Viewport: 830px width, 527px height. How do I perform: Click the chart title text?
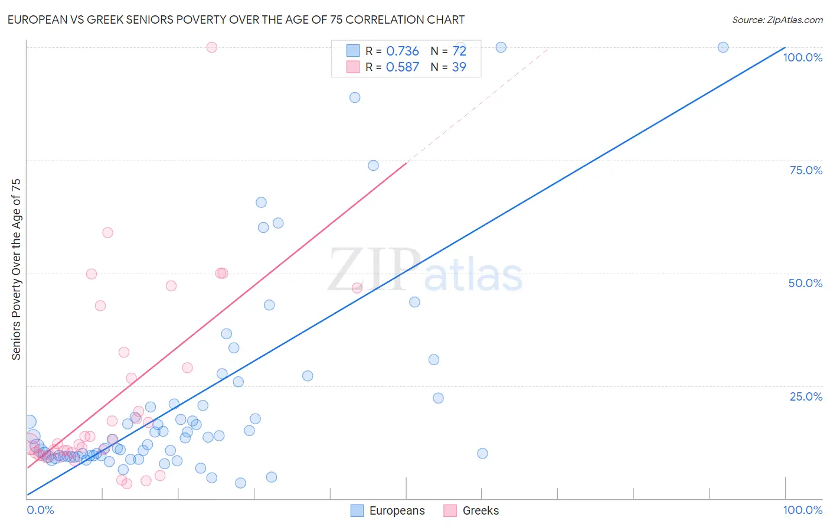(236, 19)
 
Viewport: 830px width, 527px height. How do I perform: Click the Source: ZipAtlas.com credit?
(777, 19)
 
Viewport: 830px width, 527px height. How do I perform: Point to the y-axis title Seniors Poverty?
(16, 269)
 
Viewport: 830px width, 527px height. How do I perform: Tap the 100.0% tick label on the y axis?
(802, 57)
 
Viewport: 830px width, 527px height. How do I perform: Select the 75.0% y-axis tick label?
(805, 170)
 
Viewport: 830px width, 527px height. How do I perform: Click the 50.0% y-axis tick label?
(805, 283)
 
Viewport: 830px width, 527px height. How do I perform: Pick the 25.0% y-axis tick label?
(805, 396)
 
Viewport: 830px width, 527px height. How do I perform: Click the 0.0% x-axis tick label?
(40, 510)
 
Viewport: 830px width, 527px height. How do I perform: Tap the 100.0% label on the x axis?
(802, 510)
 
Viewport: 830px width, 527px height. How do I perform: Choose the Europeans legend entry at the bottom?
(388, 510)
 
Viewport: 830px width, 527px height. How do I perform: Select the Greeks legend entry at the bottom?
(471, 510)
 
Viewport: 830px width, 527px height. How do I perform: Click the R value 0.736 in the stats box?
(402, 51)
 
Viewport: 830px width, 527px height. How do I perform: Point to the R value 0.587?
(402, 67)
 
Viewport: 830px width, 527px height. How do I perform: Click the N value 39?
(459, 67)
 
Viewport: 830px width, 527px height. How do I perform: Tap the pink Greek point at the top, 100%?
(212, 47)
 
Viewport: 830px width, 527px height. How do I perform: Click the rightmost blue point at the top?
(723, 47)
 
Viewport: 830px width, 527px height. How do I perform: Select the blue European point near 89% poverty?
(355, 97)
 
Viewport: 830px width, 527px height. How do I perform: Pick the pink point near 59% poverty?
(107, 233)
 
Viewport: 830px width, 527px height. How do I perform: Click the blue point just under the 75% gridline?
(373, 165)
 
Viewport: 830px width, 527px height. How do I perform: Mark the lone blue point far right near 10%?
(482, 454)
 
